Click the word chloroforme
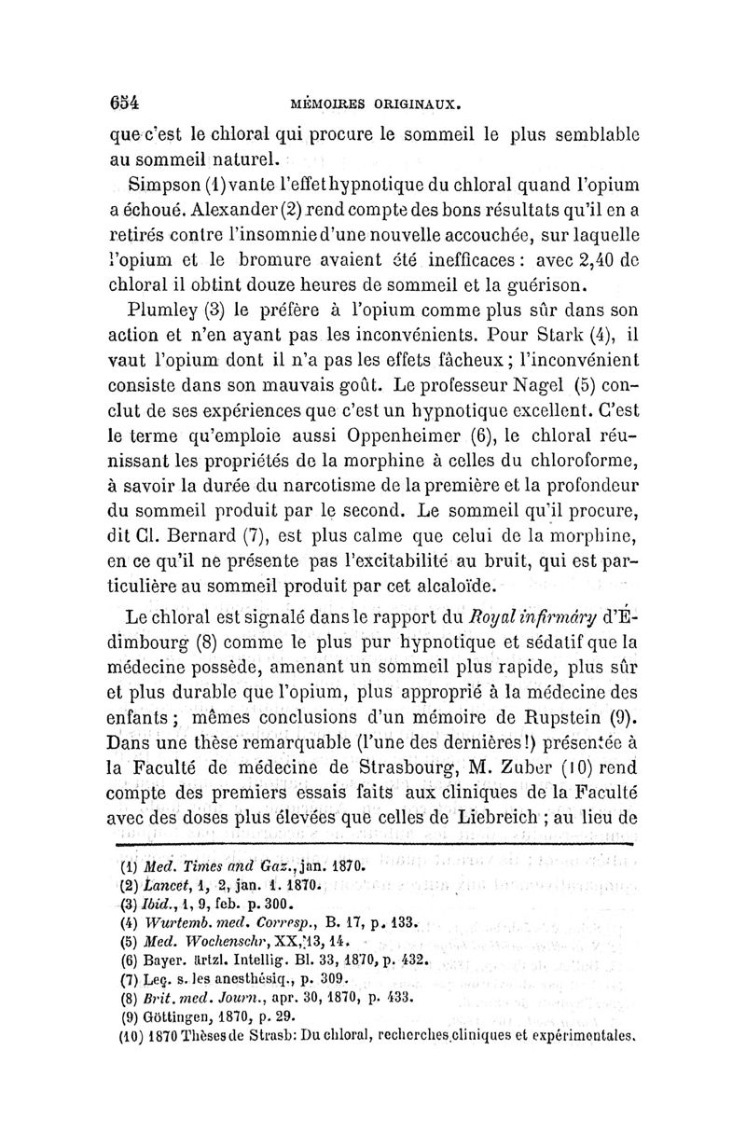(573, 485)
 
